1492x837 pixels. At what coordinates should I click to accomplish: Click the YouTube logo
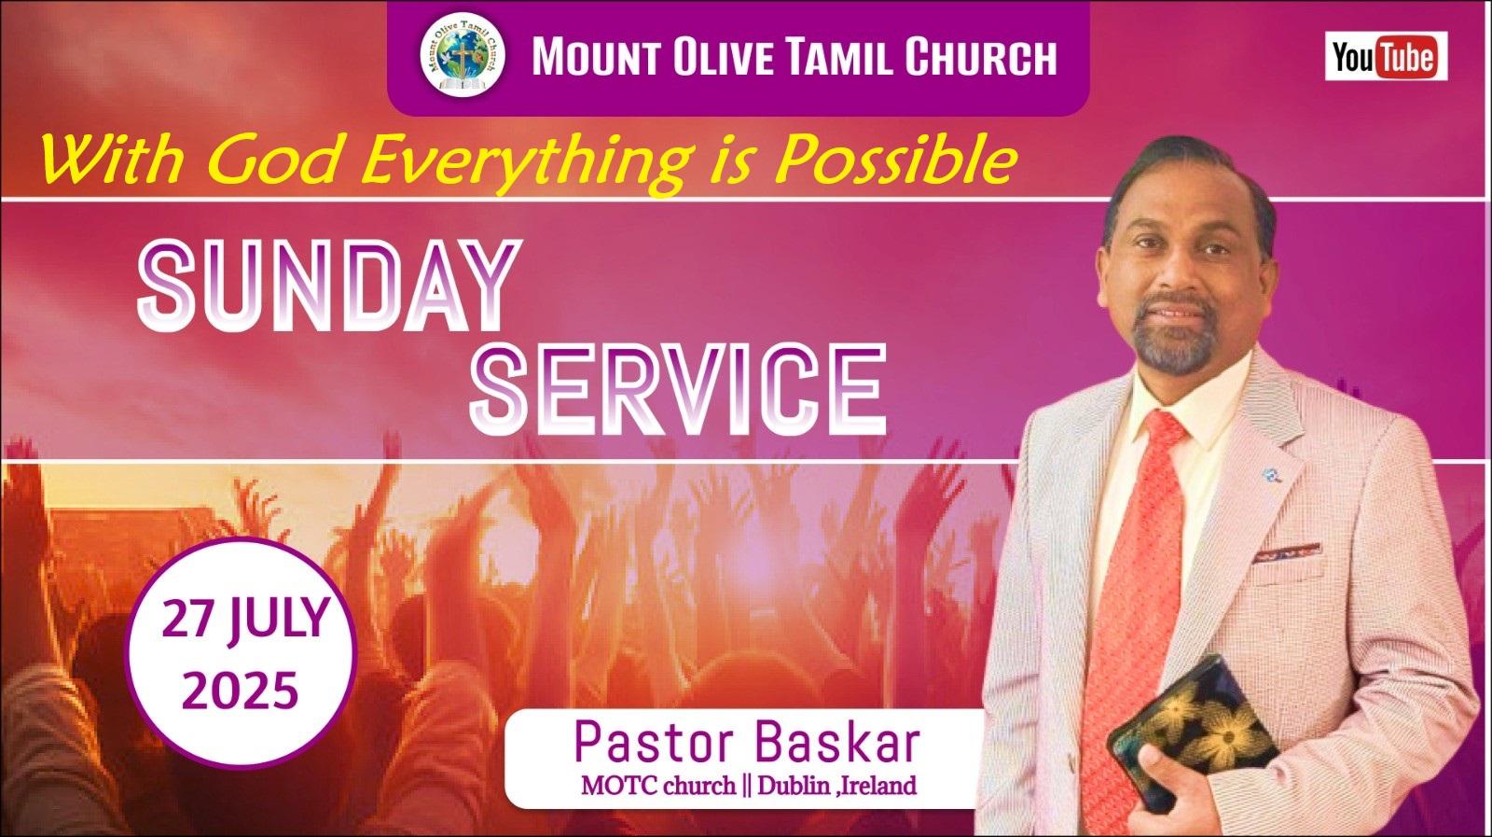coord(1386,56)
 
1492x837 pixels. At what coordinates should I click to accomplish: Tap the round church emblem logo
coord(463,55)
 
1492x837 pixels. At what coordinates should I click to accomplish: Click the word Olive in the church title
coord(724,57)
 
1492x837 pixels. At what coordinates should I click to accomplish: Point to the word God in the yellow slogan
coord(272,160)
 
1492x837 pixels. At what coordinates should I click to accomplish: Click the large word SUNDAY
coord(328,286)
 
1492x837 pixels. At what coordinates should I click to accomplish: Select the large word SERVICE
coord(678,390)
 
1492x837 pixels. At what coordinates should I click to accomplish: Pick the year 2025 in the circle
coord(240,690)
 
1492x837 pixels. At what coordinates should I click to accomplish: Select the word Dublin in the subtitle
coord(794,787)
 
